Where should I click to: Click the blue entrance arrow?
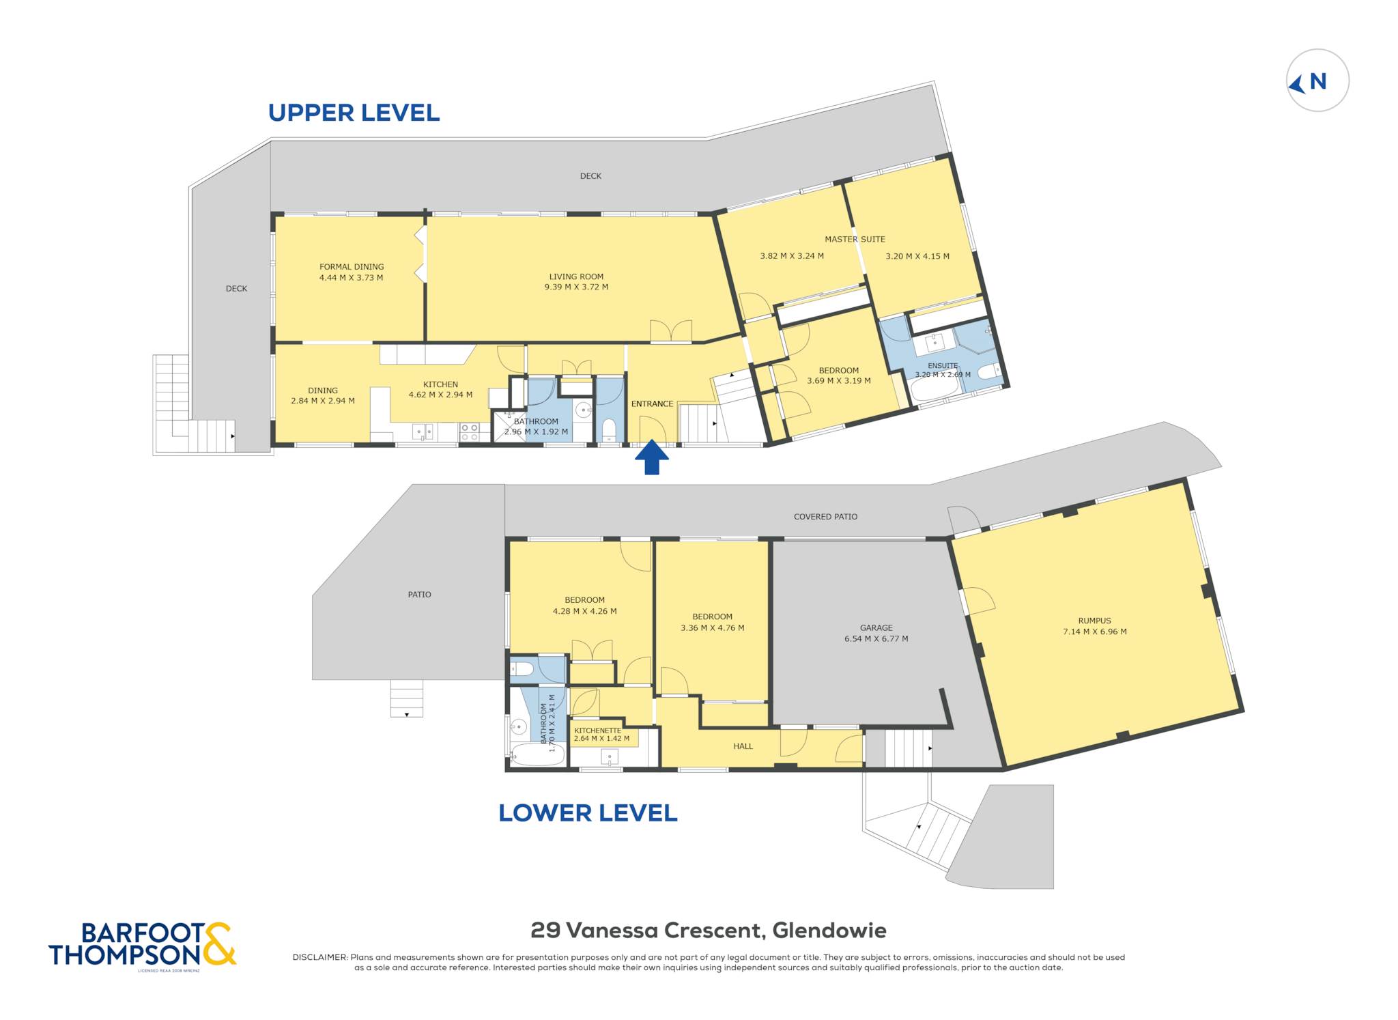[x=652, y=457]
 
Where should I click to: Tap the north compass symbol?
[x=1317, y=81]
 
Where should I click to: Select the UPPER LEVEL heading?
[x=354, y=113]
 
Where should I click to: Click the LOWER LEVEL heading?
[x=588, y=812]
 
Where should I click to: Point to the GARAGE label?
[x=876, y=627]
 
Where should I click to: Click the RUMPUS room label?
[x=1095, y=621]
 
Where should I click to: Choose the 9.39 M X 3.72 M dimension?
[x=576, y=287]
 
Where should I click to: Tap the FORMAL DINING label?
[x=352, y=267]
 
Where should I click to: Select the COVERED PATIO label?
[x=825, y=517]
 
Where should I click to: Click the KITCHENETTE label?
[x=598, y=731]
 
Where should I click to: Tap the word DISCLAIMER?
[x=319, y=957]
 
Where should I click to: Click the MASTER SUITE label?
[x=855, y=239]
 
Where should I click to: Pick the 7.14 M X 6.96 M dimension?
[x=1095, y=632]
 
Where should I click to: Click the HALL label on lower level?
[x=743, y=746]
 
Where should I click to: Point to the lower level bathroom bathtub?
[x=537, y=754]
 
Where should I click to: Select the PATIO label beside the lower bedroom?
[x=419, y=595]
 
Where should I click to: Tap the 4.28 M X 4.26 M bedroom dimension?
[x=584, y=611]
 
